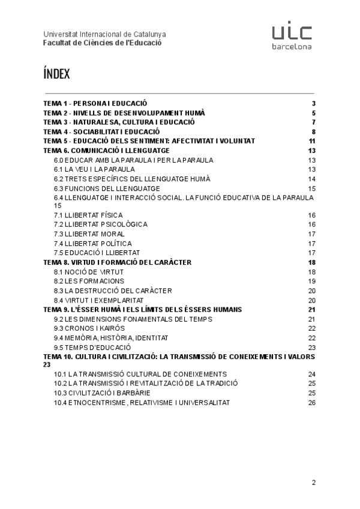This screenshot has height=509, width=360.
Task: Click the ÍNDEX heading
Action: tap(57, 74)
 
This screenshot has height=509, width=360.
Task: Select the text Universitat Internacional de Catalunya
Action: tap(105, 34)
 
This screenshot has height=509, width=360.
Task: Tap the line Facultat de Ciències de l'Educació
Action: tap(102, 43)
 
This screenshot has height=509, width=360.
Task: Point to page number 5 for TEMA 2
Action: tap(313, 113)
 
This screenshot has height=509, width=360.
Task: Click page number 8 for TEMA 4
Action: tap(313, 131)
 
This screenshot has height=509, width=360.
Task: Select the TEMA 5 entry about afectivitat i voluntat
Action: tap(149, 141)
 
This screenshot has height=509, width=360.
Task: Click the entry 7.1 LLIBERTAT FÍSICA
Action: tap(88, 215)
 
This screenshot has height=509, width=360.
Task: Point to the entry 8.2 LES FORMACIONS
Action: tap(89, 281)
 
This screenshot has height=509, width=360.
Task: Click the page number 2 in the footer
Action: tap(313, 482)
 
